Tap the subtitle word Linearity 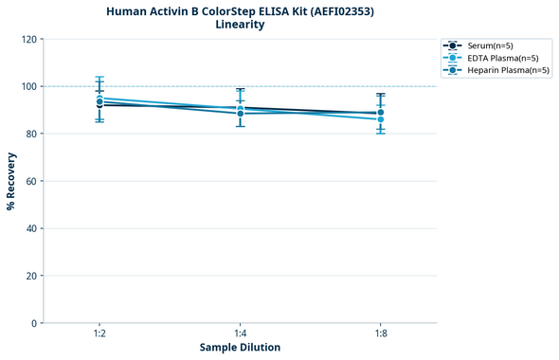(240, 25)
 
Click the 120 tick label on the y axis (29, 39)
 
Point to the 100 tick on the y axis (29, 86)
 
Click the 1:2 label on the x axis (99, 334)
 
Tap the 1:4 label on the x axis (240, 334)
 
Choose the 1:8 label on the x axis (380, 334)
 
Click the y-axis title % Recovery (11, 181)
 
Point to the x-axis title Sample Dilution (240, 348)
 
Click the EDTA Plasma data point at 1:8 (380, 119)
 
